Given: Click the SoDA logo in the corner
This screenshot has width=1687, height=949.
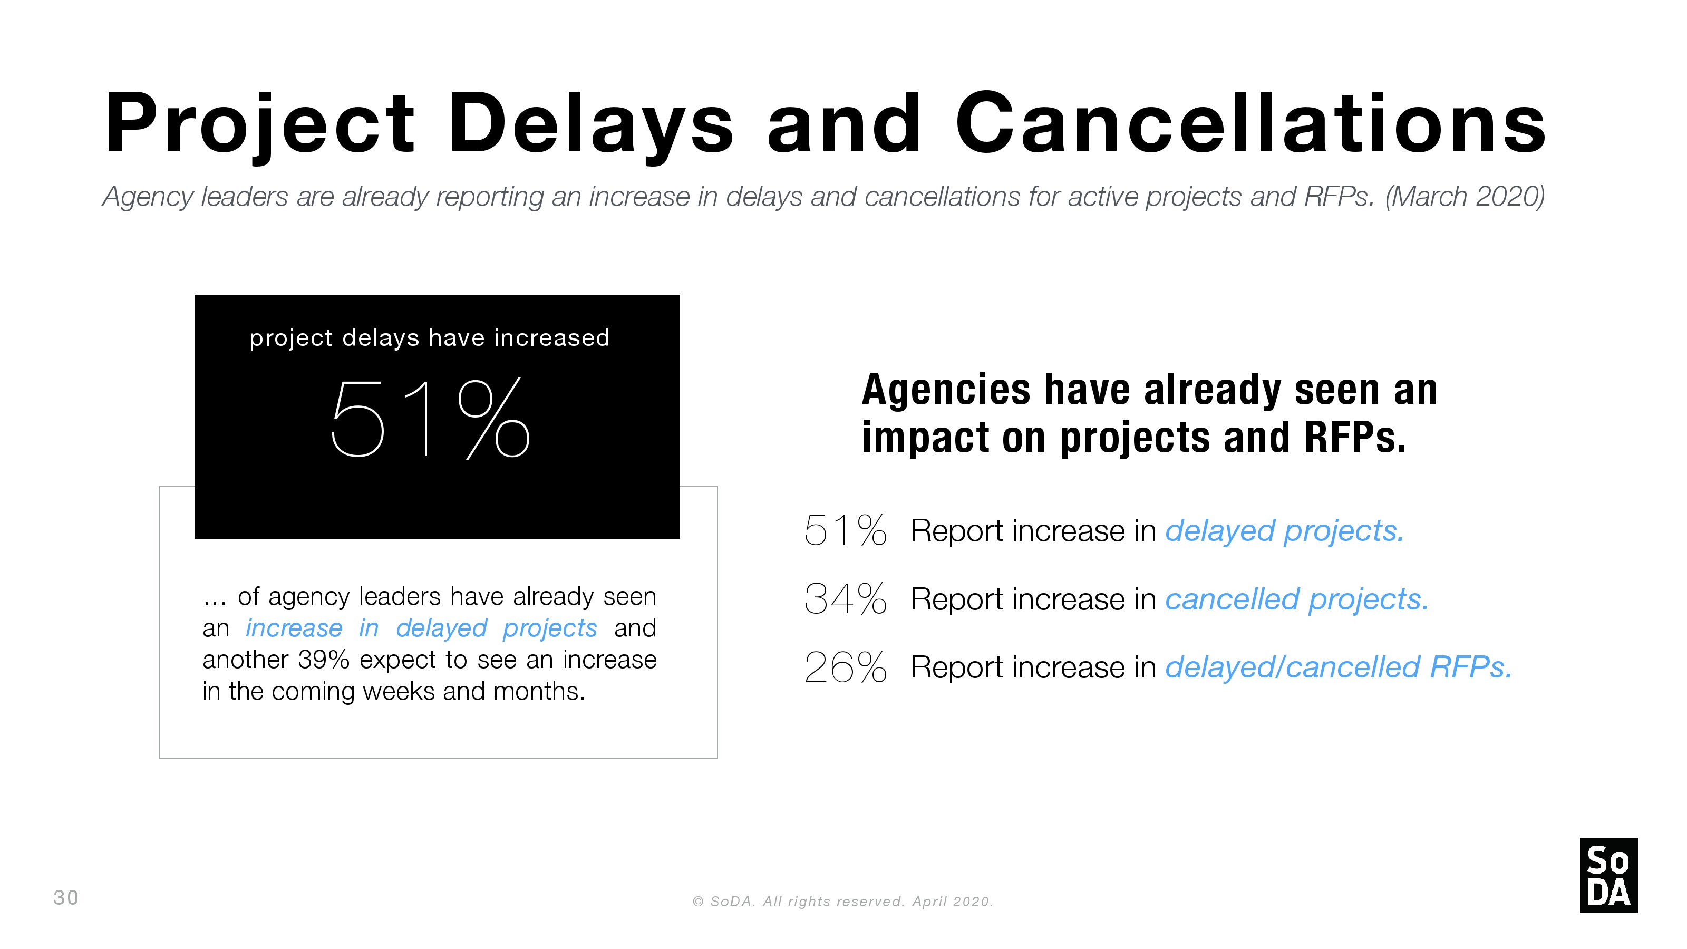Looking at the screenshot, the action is tap(1608, 875).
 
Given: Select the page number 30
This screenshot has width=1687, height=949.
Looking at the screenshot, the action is tap(65, 897).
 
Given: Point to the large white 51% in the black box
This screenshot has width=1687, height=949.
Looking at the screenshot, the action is tap(430, 418).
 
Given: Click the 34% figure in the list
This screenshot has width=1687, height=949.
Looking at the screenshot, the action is tap(845, 598).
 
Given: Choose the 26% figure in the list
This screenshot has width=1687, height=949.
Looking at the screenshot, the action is tap(845, 667).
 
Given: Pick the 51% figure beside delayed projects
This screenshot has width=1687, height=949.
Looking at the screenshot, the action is tap(845, 530).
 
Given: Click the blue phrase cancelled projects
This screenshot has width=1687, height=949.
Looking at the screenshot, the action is tap(1297, 600).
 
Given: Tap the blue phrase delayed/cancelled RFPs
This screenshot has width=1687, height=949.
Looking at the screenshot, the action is tap(1339, 668).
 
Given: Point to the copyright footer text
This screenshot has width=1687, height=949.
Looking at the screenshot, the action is tap(843, 902).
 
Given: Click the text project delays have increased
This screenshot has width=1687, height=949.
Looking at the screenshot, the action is tap(430, 338).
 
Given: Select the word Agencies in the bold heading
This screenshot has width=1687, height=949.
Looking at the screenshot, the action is tap(946, 390).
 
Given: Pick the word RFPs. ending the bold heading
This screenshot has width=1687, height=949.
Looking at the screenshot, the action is tap(1355, 437).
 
